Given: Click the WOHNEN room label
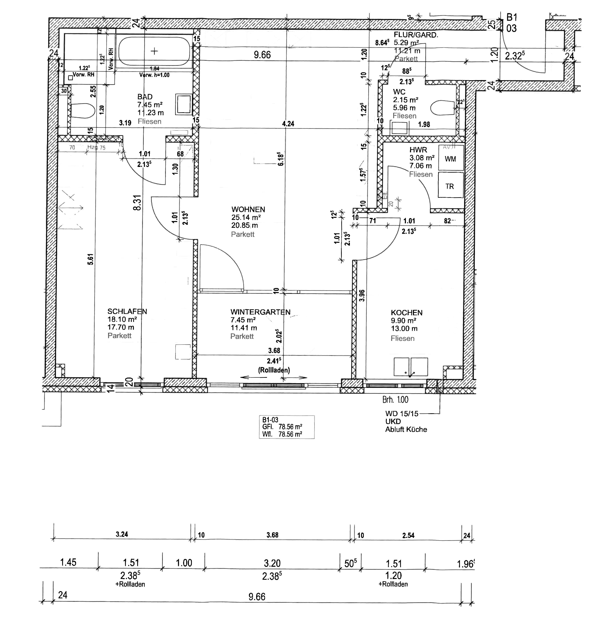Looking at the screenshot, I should coord(248,209).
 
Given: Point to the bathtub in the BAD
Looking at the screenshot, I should coord(154,51).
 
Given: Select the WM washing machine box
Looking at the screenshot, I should coord(450,159).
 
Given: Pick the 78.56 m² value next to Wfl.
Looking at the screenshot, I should coord(290,434).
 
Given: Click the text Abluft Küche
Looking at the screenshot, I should coord(406,430).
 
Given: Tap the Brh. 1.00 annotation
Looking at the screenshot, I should coord(395,400).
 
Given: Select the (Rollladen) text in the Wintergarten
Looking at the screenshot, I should coord(274,370).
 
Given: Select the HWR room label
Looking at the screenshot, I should coord(418,150).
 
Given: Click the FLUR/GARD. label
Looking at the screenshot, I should coord(416,35).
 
